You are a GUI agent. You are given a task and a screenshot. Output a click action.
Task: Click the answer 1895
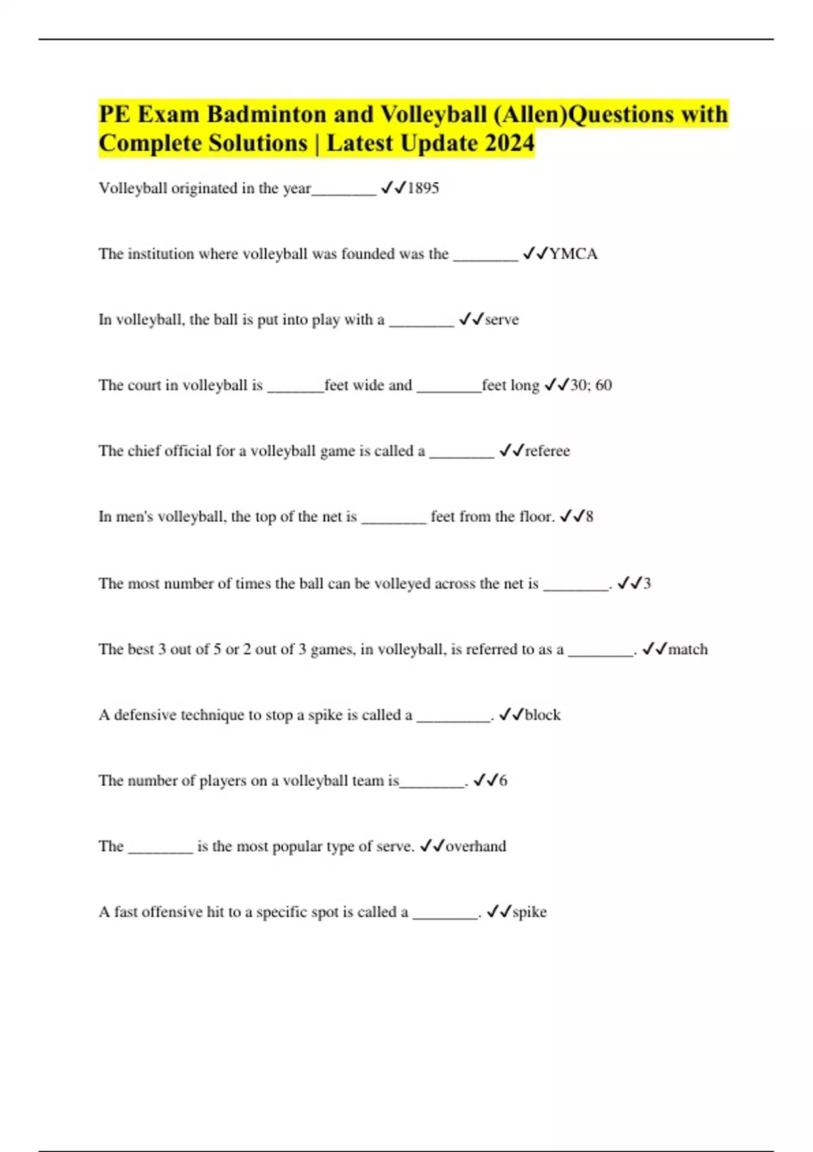click(423, 188)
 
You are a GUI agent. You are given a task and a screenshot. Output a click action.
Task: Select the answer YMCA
click(573, 254)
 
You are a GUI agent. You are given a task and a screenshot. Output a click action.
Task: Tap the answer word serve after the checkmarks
click(502, 320)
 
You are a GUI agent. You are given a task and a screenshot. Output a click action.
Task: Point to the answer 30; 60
click(591, 386)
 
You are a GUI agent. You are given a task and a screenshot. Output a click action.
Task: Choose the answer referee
click(547, 451)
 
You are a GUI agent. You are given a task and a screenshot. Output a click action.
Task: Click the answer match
click(688, 649)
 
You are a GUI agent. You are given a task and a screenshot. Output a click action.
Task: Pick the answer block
click(543, 715)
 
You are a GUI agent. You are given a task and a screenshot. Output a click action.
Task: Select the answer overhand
click(476, 846)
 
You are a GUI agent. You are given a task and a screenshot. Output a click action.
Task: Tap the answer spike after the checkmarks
click(529, 912)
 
